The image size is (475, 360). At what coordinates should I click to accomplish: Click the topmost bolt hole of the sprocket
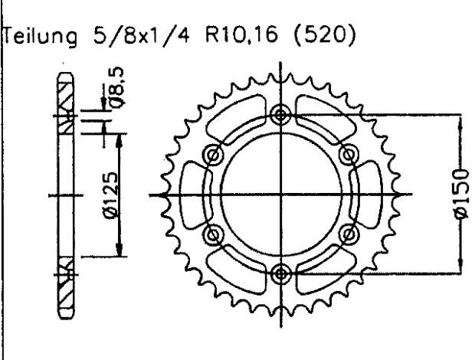click(282, 115)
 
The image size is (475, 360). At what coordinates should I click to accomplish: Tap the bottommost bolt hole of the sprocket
click(282, 271)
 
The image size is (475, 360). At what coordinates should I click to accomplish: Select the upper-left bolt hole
click(214, 155)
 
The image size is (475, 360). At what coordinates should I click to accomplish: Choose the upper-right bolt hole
click(350, 155)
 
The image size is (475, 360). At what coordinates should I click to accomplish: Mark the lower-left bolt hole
click(214, 233)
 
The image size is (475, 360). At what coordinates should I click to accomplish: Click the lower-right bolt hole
click(350, 233)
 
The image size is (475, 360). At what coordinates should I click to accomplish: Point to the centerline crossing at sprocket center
click(282, 194)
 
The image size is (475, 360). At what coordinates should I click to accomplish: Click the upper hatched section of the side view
click(65, 100)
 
